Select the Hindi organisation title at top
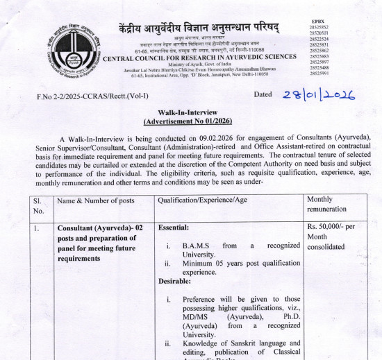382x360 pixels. click(199, 28)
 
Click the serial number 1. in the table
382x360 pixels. click(38, 228)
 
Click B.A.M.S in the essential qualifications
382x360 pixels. click(197, 246)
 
